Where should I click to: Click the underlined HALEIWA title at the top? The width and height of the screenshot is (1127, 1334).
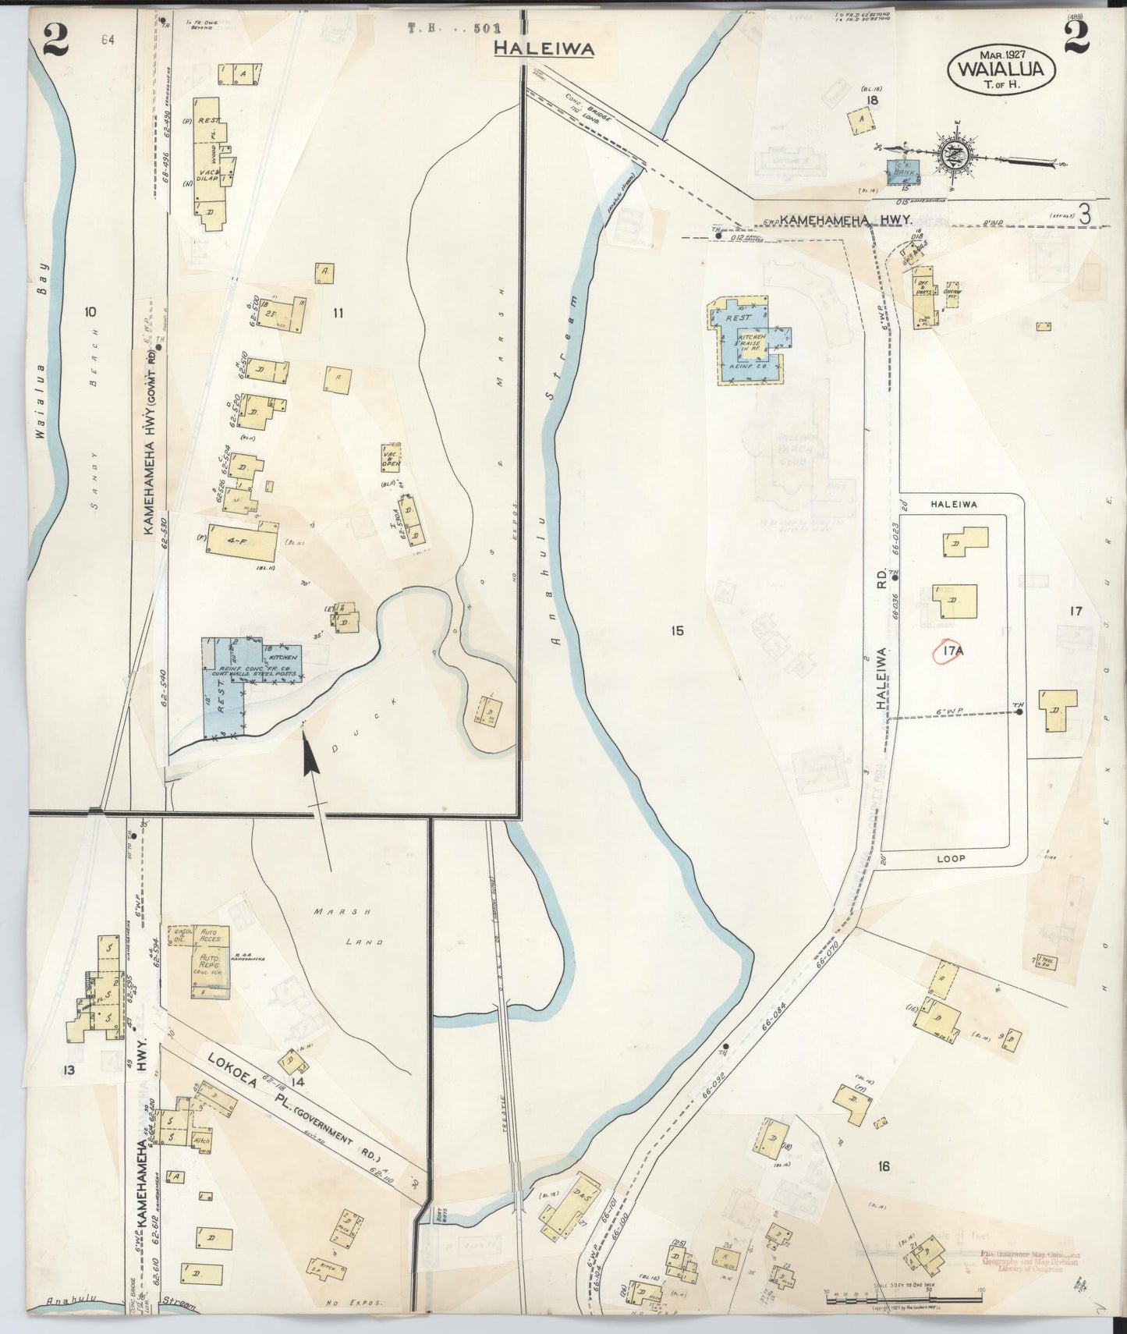[x=544, y=48]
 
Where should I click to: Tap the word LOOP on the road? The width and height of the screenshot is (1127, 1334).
[x=952, y=858]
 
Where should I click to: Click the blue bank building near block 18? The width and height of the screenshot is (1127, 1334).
[x=903, y=172]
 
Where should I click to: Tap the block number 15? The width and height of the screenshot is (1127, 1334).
[x=676, y=630]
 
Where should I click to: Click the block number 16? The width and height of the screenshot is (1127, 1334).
[x=883, y=1166]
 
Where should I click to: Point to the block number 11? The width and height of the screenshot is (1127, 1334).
[x=338, y=314]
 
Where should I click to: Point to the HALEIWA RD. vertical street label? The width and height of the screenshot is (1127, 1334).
[x=881, y=677]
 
